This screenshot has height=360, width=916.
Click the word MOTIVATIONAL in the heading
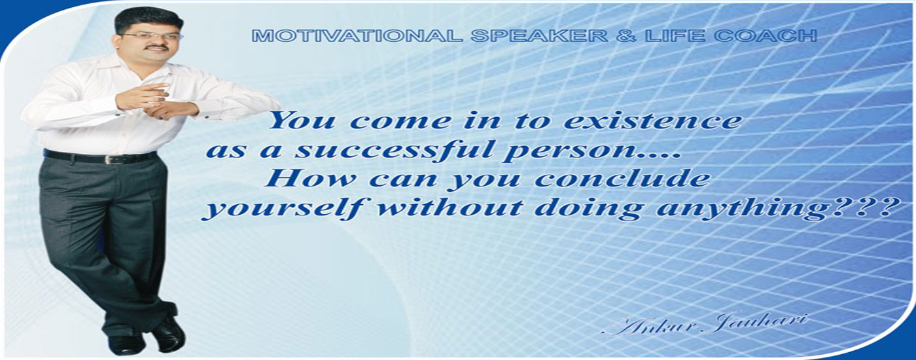pyautogui.click(x=357, y=36)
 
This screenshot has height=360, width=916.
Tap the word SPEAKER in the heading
pyautogui.click(x=538, y=36)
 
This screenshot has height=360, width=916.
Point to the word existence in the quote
pyautogui.click(x=652, y=121)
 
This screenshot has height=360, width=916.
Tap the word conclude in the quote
pyautogui.click(x=622, y=179)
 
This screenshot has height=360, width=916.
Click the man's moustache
pyautogui.click(x=158, y=47)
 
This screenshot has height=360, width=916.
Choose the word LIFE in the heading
pyautogui.click(x=675, y=36)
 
